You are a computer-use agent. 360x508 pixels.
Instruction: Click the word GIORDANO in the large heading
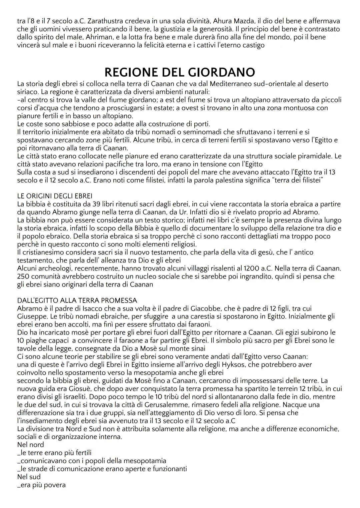[x=221, y=72]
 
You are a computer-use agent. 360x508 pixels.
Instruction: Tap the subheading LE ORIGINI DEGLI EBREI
[x=55, y=196]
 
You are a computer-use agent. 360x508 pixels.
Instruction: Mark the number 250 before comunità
[x=24, y=276]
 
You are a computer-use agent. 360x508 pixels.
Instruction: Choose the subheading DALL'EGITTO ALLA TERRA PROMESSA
[x=77, y=300]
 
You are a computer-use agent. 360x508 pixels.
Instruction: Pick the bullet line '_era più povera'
[x=41, y=485]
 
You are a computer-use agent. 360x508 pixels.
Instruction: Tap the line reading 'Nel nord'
[x=30, y=445]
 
